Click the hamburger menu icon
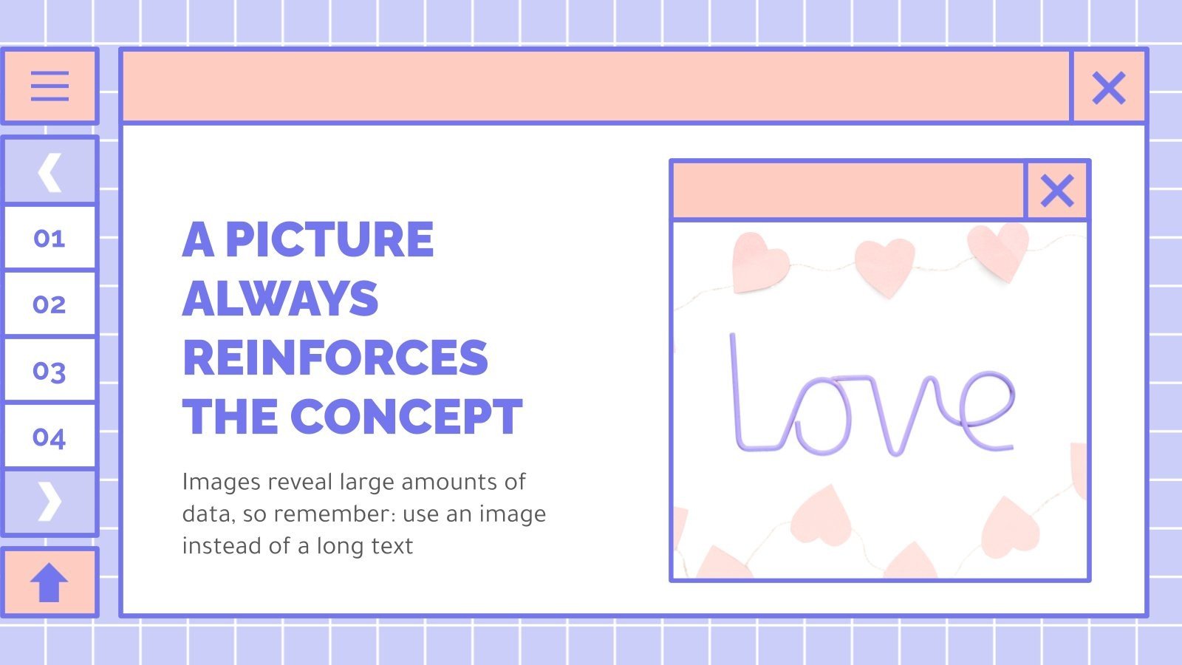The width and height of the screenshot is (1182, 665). (x=49, y=86)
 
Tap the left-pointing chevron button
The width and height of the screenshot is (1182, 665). (x=49, y=172)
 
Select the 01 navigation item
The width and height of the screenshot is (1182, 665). (x=49, y=239)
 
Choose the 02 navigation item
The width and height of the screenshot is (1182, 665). (x=49, y=304)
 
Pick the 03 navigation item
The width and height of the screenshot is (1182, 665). (x=49, y=371)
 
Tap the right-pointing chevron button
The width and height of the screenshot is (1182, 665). (x=49, y=502)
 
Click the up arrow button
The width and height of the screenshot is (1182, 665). (x=49, y=582)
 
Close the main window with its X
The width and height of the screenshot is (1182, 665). (x=1108, y=88)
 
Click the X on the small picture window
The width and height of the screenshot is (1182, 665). (x=1056, y=191)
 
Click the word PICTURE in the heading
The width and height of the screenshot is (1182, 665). (x=329, y=239)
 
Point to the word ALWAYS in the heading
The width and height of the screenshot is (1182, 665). (x=280, y=299)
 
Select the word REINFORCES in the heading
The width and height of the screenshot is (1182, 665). (x=335, y=358)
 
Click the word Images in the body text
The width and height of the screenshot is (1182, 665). (x=221, y=482)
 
